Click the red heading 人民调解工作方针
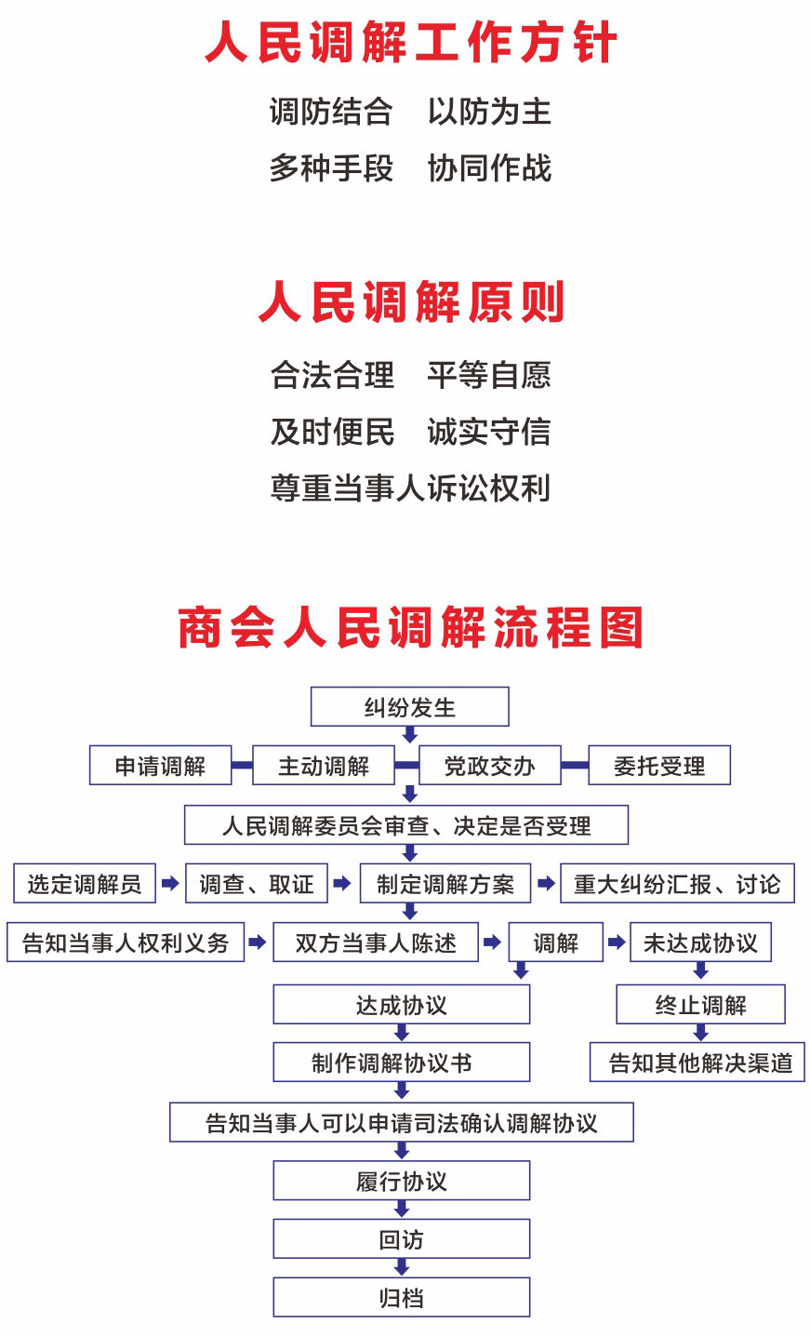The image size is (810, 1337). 410,44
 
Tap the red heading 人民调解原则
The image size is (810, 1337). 411,302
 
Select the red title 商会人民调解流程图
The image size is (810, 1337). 410,628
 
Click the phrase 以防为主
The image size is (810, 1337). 489,113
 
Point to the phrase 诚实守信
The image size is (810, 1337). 489,432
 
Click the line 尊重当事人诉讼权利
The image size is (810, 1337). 410,488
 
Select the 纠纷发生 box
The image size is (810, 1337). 409,707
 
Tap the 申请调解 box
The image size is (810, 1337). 160,766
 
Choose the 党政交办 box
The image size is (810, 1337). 489,766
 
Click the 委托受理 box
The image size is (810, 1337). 658,766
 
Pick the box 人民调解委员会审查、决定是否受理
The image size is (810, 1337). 406,825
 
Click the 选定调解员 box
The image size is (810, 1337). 84,884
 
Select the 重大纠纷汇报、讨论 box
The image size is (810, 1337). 677,884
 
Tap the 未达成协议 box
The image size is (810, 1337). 700,943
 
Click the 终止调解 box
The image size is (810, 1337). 700,1005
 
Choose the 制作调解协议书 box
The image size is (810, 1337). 401,1063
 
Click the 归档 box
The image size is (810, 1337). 401,1297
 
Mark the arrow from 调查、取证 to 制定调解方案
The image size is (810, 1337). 342,884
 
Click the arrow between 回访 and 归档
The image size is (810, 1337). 402,1267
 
